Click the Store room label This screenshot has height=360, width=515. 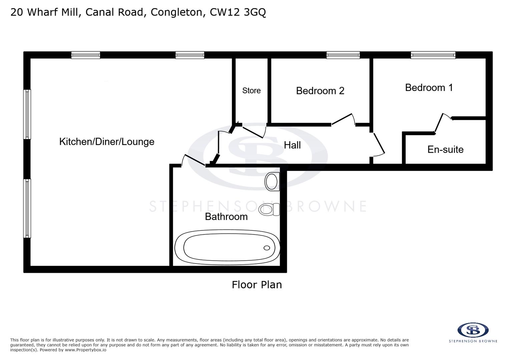click(x=251, y=91)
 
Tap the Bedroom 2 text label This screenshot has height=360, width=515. click(x=320, y=91)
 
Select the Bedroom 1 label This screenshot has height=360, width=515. click(x=429, y=88)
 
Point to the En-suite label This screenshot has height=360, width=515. click(x=445, y=149)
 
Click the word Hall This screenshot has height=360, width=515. click(x=292, y=145)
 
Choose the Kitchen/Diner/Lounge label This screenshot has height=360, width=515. click(x=107, y=142)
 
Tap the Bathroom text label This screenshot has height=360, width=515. click(x=226, y=217)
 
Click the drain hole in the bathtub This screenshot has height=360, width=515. click(x=267, y=248)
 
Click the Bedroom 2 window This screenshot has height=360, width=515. click(x=343, y=55)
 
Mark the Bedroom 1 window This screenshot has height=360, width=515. click(x=433, y=55)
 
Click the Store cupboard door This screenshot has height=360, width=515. click(x=253, y=132)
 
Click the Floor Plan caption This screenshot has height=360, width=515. click(x=257, y=285)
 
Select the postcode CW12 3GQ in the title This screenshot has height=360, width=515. click(x=237, y=12)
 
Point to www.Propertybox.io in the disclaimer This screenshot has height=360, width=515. click(x=85, y=350)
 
